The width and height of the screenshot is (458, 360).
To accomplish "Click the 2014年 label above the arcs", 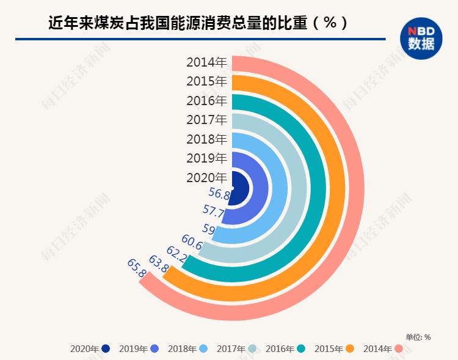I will point(206,62).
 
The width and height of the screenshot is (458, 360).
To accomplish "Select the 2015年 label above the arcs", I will point(206,81).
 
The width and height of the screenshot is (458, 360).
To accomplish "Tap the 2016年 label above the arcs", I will point(206,101).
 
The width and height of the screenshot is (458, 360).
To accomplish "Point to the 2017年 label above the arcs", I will point(206,120).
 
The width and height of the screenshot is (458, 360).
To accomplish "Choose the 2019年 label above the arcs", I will point(206,158).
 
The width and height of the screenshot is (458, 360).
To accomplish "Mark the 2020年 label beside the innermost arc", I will point(206,177).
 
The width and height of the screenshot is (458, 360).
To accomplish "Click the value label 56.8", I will point(219,194).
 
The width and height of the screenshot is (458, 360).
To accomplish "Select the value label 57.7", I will point(214,213).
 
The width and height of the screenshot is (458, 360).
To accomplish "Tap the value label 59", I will point(208,229).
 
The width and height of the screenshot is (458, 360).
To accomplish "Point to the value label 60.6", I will point(192,243).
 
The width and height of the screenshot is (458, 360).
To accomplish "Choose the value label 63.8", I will point(159,265).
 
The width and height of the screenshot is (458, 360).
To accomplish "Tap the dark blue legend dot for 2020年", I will point(106,349).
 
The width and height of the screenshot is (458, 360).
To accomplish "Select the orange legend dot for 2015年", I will point(351,349).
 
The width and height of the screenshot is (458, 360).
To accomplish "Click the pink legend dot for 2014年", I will point(399,349).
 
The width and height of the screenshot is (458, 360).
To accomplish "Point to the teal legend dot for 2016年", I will point(302,349).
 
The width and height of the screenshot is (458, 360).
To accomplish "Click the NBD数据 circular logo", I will point(421,38).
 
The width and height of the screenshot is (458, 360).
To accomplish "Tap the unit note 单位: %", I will point(418,337).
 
